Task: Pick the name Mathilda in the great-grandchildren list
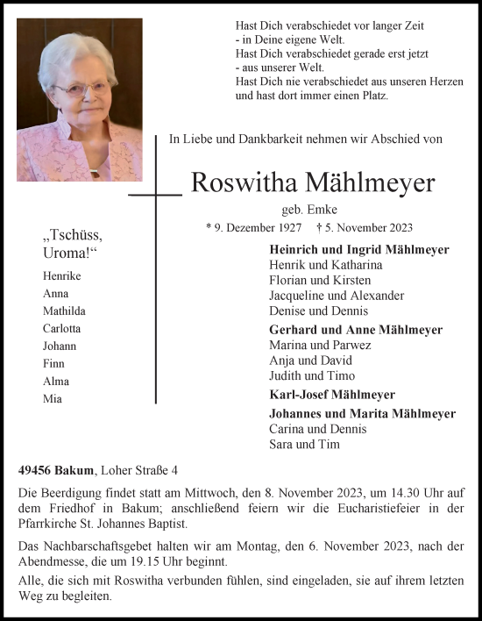pos(63,310)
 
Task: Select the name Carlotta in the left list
pos(62,328)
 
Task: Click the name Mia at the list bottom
pos(53,398)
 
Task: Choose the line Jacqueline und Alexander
pos(337,296)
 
